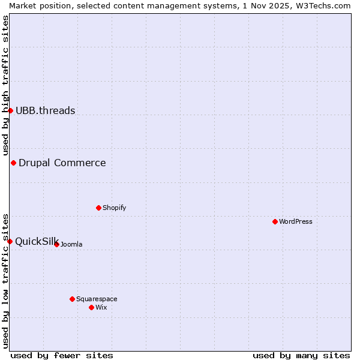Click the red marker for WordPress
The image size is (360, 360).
(x=275, y=221)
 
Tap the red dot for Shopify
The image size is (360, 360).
(x=98, y=208)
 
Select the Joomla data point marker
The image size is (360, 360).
(x=56, y=244)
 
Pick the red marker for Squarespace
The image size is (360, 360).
(x=72, y=299)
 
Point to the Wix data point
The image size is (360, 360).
(x=91, y=307)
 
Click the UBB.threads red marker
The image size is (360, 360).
(x=10, y=110)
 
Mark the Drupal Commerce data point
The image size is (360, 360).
(x=13, y=163)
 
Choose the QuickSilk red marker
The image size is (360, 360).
(x=10, y=241)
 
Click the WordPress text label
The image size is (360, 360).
(x=296, y=221)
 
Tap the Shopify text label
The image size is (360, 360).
(x=115, y=208)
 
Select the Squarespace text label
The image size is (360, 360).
(x=97, y=299)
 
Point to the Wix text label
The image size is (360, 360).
(x=101, y=307)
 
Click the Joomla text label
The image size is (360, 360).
(x=71, y=244)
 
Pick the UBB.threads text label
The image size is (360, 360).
(x=46, y=110)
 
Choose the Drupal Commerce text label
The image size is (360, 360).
(x=62, y=163)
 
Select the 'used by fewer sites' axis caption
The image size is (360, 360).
(x=62, y=355)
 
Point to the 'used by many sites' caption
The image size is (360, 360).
(x=301, y=355)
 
